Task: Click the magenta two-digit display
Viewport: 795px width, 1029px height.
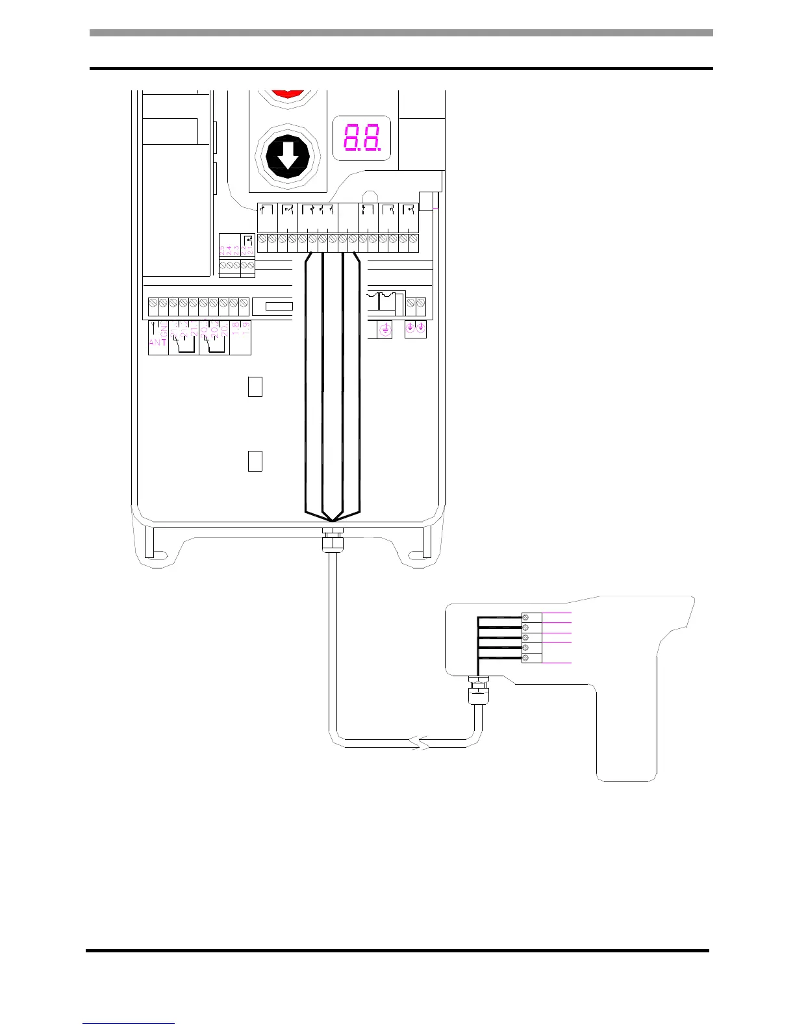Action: [361, 138]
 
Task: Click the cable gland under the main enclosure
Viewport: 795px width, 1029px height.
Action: [332, 539]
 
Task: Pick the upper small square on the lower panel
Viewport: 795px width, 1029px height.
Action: [255, 387]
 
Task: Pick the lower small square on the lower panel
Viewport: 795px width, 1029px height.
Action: [255, 461]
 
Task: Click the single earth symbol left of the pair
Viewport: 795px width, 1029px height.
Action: [385, 330]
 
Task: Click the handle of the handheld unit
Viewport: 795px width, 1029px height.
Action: [627, 734]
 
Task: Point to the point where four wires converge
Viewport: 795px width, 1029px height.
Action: [332, 520]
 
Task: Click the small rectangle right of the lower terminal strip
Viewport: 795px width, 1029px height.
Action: [279, 306]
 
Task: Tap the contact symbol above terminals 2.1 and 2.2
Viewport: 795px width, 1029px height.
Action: [247, 242]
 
